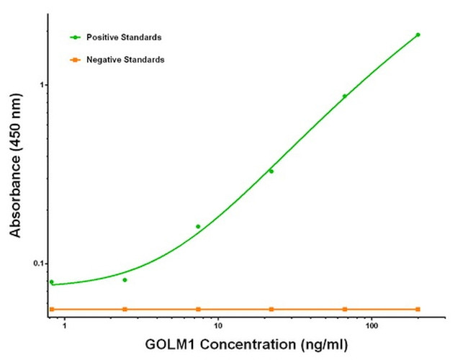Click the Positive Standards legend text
123,37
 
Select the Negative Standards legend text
125,60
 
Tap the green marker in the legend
75,37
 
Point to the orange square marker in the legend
75,60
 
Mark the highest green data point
418,35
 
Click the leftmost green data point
52,282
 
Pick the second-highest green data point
344,96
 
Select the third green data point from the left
198,227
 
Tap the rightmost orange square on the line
418,309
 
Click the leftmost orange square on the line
52,309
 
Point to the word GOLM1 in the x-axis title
174,346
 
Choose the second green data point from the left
125,280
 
